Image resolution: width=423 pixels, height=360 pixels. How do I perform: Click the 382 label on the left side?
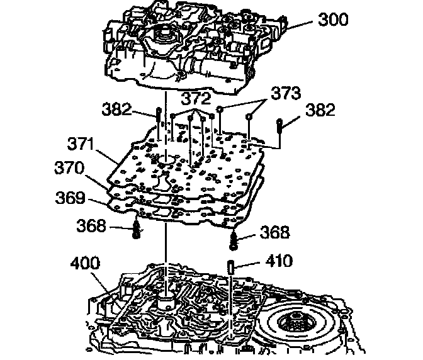[117, 110]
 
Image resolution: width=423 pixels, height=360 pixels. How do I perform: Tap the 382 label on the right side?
[321, 110]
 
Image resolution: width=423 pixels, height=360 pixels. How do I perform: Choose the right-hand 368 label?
[274, 233]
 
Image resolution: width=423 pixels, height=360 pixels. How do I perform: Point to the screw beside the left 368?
[137, 230]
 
